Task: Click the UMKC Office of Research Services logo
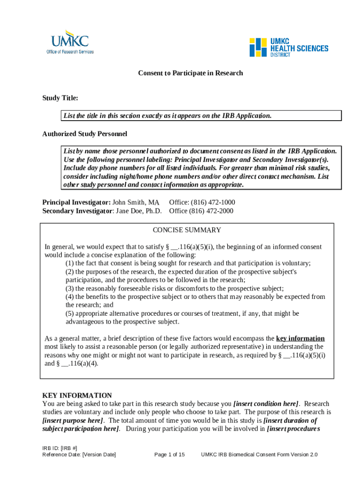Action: (x=70, y=42)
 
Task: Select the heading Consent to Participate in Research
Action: (x=190, y=73)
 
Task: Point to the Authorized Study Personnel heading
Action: (x=85, y=134)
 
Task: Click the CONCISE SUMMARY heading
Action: (x=187, y=230)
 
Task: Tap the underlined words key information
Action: (x=300, y=339)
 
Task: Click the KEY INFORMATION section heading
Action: (x=77, y=395)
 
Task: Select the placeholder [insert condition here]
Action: (x=266, y=404)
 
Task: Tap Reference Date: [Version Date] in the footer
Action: (x=79, y=455)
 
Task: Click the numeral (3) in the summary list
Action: (x=70, y=289)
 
